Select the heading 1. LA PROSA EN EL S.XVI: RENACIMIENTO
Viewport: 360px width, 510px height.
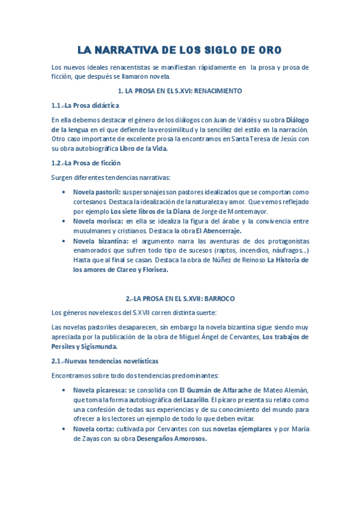tap(180, 91)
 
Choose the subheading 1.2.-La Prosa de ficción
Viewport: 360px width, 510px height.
tap(86, 162)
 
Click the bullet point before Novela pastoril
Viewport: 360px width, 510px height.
tap(64, 192)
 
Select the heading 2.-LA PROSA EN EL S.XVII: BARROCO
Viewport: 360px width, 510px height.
tap(180, 298)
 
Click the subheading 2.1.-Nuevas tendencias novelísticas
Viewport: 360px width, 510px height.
tap(105, 361)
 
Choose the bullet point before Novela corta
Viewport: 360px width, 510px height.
tap(64, 429)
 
